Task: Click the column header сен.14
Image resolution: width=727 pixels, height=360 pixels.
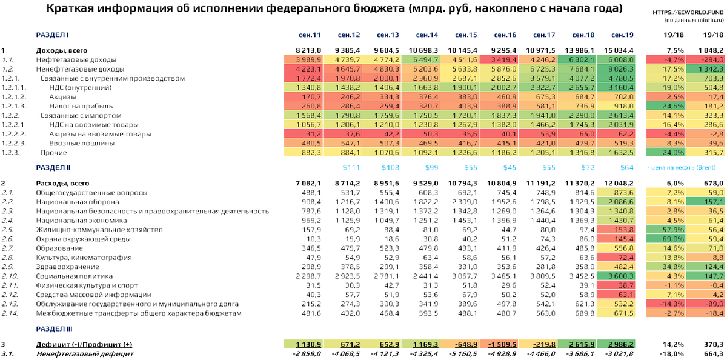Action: pyautogui.click(x=428, y=35)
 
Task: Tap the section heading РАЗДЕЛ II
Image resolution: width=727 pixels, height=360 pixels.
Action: pyautogui.click(x=53, y=167)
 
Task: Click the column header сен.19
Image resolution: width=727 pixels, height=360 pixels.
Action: pyautogui.click(x=622, y=35)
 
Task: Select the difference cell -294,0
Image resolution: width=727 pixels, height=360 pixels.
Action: pyautogui.click(x=709, y=59)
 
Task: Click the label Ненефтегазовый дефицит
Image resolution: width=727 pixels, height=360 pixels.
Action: pyautogui.click(x=85, y=353)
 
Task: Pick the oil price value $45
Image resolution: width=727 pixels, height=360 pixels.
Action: pyautogui.click(x=506, y=167)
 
